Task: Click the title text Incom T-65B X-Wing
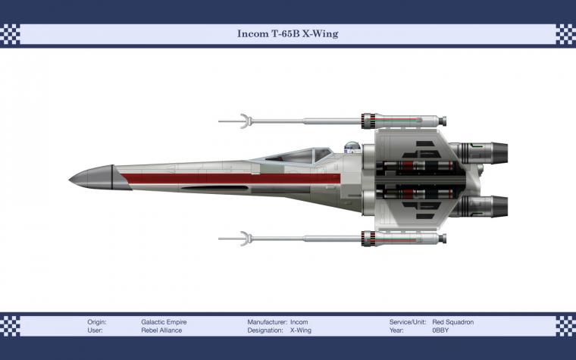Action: point(288,34)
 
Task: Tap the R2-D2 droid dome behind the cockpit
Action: point(352,147)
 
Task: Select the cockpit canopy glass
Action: point(299,155)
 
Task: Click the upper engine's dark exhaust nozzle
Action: point(499,153)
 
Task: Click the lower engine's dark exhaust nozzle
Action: point(499,206)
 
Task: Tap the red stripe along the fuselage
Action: point(230,179)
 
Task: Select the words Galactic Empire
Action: point(164,322)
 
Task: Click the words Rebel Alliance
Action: point(161,330)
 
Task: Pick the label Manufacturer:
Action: point(267,322)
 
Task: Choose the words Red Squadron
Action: point(453,322)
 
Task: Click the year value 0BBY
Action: point(440,330)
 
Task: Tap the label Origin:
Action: point(97,322)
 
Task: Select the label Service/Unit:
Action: point(408,322)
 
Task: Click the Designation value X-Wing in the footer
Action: point(300,330)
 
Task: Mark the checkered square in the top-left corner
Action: point(10,34)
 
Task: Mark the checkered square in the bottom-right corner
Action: point(565,326)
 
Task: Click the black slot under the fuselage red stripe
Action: point(215,188)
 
